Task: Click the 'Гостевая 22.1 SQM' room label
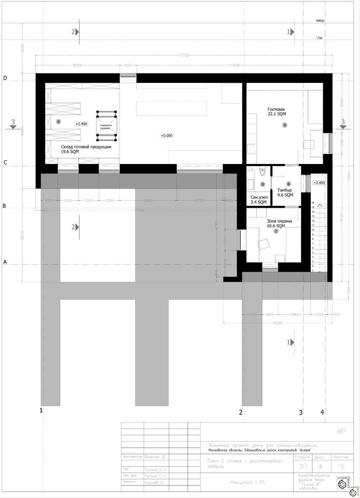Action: [x=276, y=112]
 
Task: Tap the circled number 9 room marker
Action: [x=285, y=125]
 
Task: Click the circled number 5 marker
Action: [x=58, y=121]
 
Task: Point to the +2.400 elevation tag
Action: [x=81, y=123]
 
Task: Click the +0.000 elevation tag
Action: [x=166, y=135]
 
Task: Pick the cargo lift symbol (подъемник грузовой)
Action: [x=106, y=124]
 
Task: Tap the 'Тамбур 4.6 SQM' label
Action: [x=285, y=193]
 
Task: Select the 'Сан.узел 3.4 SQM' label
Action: [x=258, y=199]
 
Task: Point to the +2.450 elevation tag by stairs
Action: [x=319, y=183]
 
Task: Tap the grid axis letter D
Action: [x=5, y=78]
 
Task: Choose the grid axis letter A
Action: [x=5, y=262]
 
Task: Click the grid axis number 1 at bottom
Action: [x=41, y=411]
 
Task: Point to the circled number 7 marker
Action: [x=276, y=231]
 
